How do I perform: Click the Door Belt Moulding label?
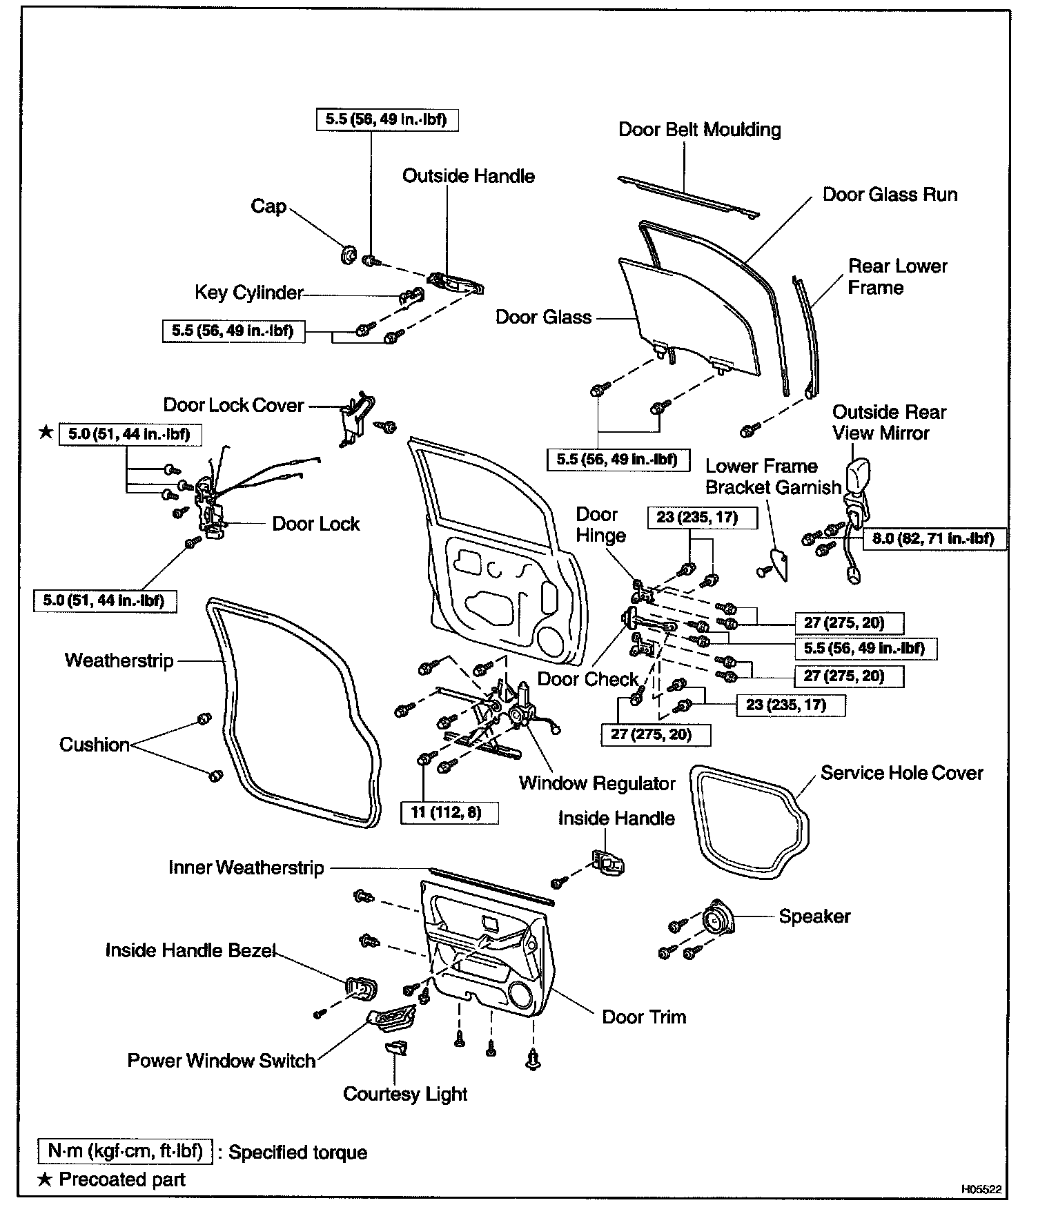(699, 130)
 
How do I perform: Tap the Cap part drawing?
(349, 255)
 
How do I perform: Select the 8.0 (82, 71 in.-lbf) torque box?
(933, 538)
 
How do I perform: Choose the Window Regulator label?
(597, 783)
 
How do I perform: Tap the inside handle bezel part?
(361, 988)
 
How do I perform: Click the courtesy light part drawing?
(396, 1048)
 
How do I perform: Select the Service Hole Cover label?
(901, 773)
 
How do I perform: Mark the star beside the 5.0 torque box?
(46, 433)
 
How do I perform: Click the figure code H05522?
(981, 1189)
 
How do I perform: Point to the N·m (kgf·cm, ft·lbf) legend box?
(125, 1151)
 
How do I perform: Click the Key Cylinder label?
(248, 293)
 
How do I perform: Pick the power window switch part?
(390, 1017)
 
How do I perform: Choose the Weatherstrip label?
(119, 660)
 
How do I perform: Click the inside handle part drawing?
(607, 863)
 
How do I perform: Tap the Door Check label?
(588, 679)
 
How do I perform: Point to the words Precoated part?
(122, 1179)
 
